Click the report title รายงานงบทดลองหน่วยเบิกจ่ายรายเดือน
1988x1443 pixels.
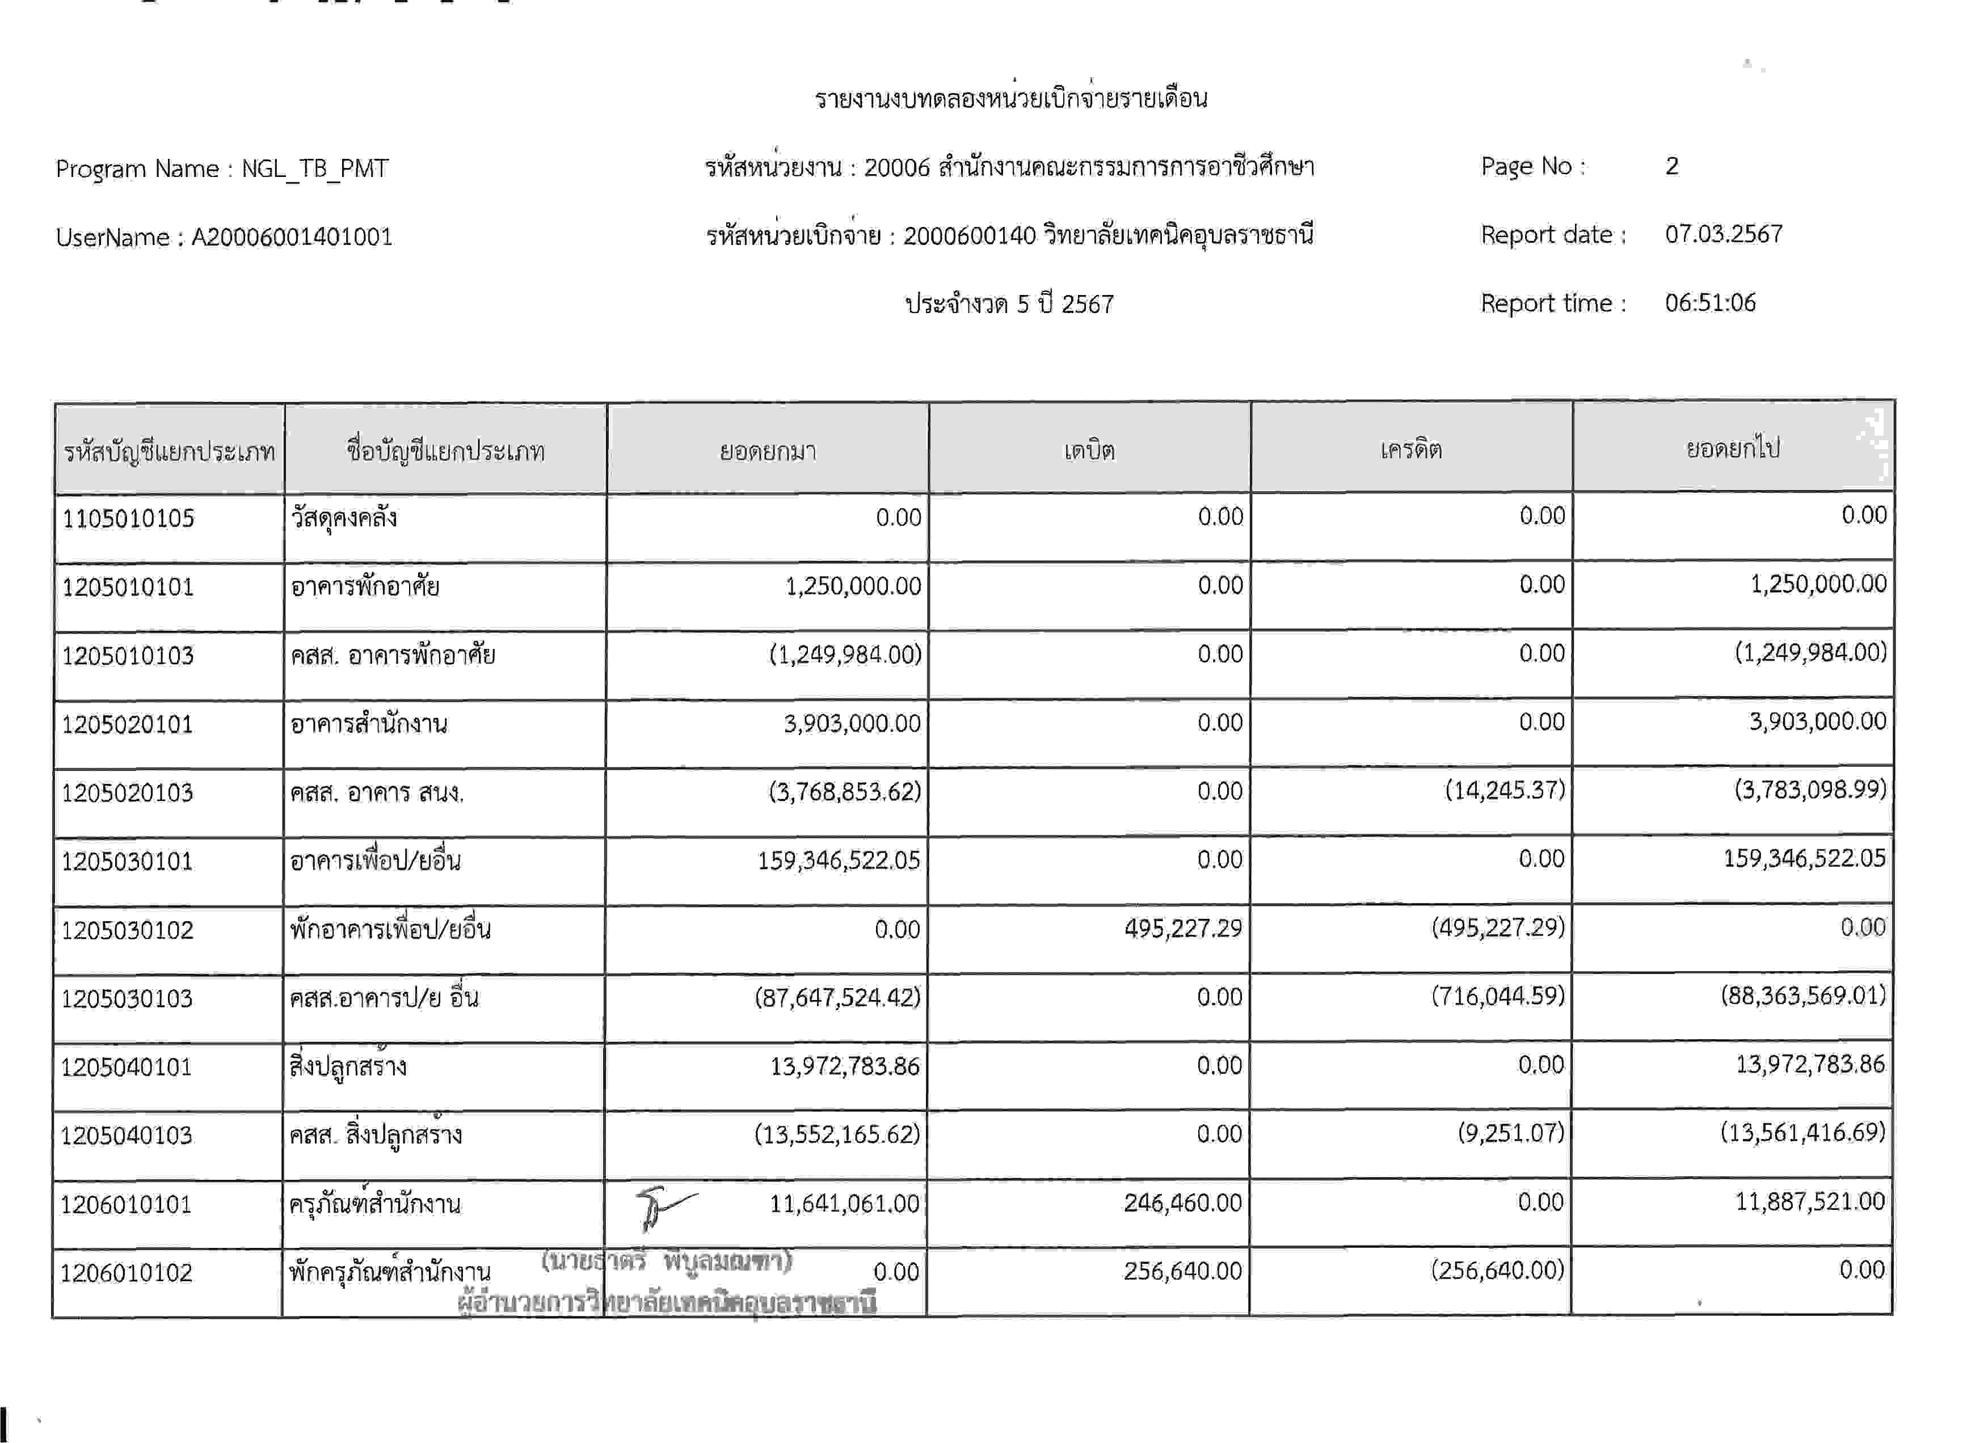point(1010,98)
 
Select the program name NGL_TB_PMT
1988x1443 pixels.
point(315,168)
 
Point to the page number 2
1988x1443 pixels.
point(1671,166)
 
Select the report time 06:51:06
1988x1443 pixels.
point(1710,303)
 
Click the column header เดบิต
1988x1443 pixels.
point(1089,450)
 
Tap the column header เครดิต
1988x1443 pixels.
point(1410,449)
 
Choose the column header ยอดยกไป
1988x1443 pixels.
point(1732,449)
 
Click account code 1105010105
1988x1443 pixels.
point(128,518)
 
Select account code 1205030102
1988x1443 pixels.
point(127,930)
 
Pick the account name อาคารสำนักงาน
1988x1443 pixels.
point(369,724)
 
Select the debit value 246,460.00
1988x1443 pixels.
point(1182,1203)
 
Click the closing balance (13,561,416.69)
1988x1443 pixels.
point(1802,1133)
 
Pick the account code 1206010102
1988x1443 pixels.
point(126,1272)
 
